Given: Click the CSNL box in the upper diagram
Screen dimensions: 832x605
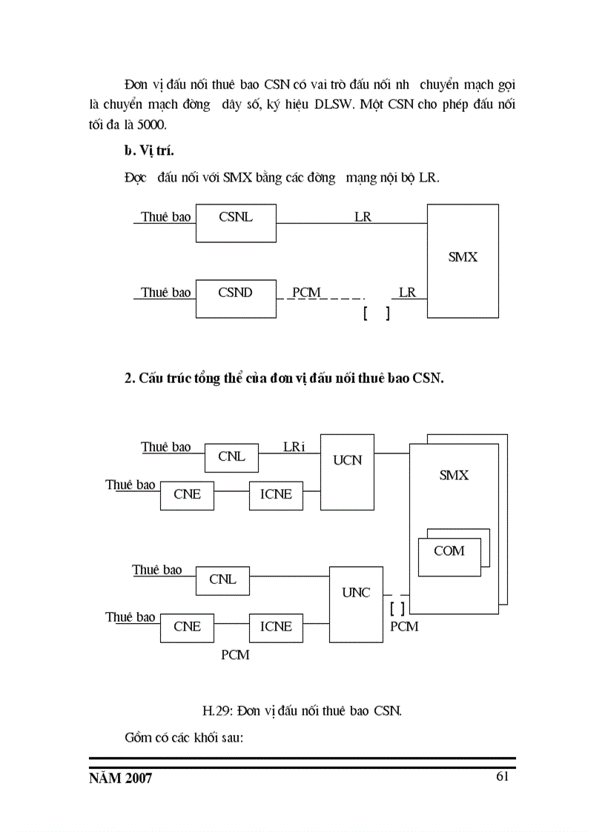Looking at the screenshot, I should click(236, 222).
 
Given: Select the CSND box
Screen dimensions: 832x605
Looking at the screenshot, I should click(236, 298).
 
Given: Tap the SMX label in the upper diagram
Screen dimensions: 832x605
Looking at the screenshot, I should click(463, 257).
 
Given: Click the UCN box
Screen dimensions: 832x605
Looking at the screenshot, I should click(347, 472).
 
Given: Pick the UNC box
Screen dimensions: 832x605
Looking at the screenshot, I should click(356, 605).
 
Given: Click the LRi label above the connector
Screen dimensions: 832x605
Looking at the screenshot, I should click(294, 447).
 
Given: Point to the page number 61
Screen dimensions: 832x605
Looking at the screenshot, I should click(502, 776).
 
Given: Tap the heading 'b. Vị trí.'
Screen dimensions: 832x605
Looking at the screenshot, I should click(149, 151).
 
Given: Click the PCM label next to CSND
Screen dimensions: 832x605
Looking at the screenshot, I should click(305, 293).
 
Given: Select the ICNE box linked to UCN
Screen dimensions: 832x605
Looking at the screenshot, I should click(276, 495).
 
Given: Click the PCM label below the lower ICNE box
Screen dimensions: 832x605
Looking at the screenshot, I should click(236, 655).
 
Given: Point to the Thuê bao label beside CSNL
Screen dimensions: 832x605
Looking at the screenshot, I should click(166, 217).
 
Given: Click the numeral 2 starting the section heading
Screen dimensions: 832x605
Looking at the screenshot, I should click(128, 378).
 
